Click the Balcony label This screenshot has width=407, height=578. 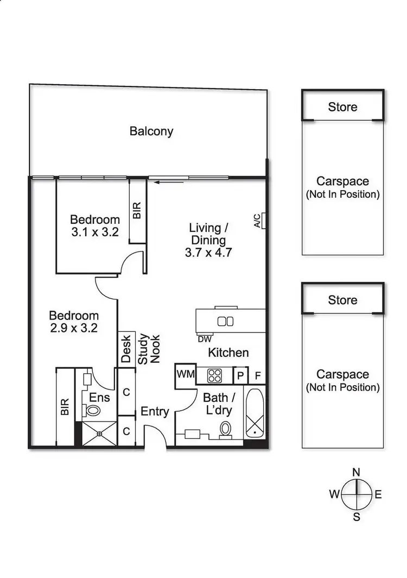151,131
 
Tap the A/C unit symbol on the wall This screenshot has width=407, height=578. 263,221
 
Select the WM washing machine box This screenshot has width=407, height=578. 185,374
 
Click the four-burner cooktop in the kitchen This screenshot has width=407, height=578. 214,375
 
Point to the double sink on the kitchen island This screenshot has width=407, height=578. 225,321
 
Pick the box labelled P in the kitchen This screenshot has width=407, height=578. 240,375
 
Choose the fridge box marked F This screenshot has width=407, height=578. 258,375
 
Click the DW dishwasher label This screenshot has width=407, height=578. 204,339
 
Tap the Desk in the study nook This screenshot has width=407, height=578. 126,348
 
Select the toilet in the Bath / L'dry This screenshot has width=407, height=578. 226,429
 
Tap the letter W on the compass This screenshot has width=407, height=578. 334,494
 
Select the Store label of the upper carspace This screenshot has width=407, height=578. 342,107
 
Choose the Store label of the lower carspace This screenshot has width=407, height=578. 342,300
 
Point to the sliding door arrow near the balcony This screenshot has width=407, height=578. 161,183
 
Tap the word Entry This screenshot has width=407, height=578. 155,412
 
